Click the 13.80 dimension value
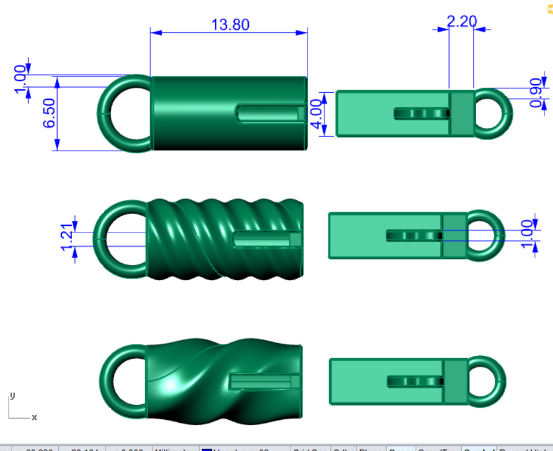(230, 25)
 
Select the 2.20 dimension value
(462, 21)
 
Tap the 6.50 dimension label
(49, 113)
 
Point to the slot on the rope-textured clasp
(266, 238)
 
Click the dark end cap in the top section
(462, 114)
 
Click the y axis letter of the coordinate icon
(11, 396)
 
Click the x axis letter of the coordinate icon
(34, 417)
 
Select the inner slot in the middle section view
(413, 235)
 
